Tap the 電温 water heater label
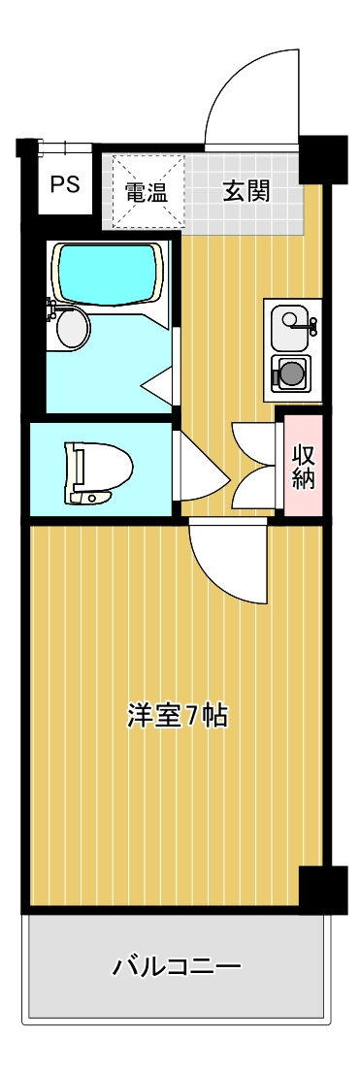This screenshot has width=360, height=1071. [x=147, y=191]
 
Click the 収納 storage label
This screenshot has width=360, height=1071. [x=302, y=467]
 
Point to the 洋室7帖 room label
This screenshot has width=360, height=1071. [x=178, y=716]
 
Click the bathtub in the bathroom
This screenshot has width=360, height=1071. [x=108, y=271]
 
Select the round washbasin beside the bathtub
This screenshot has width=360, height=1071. [x=71, y=327]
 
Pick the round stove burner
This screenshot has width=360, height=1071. [x=291, y=373]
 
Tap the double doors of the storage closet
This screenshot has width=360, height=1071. [x=254, y=466]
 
